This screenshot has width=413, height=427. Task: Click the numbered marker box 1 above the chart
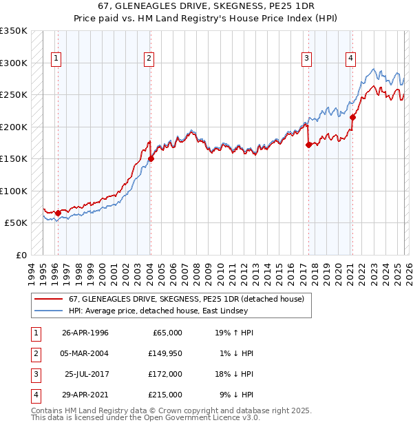click(56, 59)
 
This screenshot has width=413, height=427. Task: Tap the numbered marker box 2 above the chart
click(149, 59)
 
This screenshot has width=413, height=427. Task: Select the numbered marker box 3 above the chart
click(306, 59)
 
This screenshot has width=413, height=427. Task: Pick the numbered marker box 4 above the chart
click(350, 59)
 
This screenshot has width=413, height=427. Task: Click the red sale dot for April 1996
click(58, 213)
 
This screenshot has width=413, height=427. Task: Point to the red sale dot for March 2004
click(151, 158)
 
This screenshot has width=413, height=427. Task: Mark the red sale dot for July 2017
click(308, 145)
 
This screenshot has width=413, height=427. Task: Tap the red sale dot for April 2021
click(352, 117)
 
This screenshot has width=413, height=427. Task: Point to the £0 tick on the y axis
click(21, 255)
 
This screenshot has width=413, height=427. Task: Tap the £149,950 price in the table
click(165, 353)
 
